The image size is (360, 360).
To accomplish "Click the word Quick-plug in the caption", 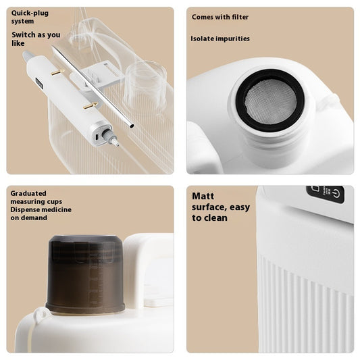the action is click(x=30, y=13).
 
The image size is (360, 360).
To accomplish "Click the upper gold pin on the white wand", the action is click(x=57, y=72).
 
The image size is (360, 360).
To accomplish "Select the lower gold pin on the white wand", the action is click(x=91, y=105).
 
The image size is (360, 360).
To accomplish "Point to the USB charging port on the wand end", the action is click(x=97, y=136).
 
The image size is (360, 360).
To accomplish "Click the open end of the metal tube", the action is click(x=131, y=126).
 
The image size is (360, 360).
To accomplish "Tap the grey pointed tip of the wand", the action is click(x=27, y=55).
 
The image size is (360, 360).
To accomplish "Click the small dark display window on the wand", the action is click(x=39, y=84).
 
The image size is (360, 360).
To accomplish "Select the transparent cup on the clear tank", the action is click(x=145, y=83).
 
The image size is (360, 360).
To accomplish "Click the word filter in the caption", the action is click(x=240, y=17).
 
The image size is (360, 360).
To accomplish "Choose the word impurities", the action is click(x=232, y=38).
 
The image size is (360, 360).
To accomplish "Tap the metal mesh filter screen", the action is click(x=270, y=101).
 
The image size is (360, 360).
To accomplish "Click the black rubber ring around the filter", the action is click(x=270, y=72).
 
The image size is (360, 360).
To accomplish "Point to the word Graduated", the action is click(x=28, y=193).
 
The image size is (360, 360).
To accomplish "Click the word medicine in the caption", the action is click(x=57, y=209).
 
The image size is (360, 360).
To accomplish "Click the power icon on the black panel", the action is click(x=336, y=193).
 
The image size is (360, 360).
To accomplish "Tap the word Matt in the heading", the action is click(x=203, y=196).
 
